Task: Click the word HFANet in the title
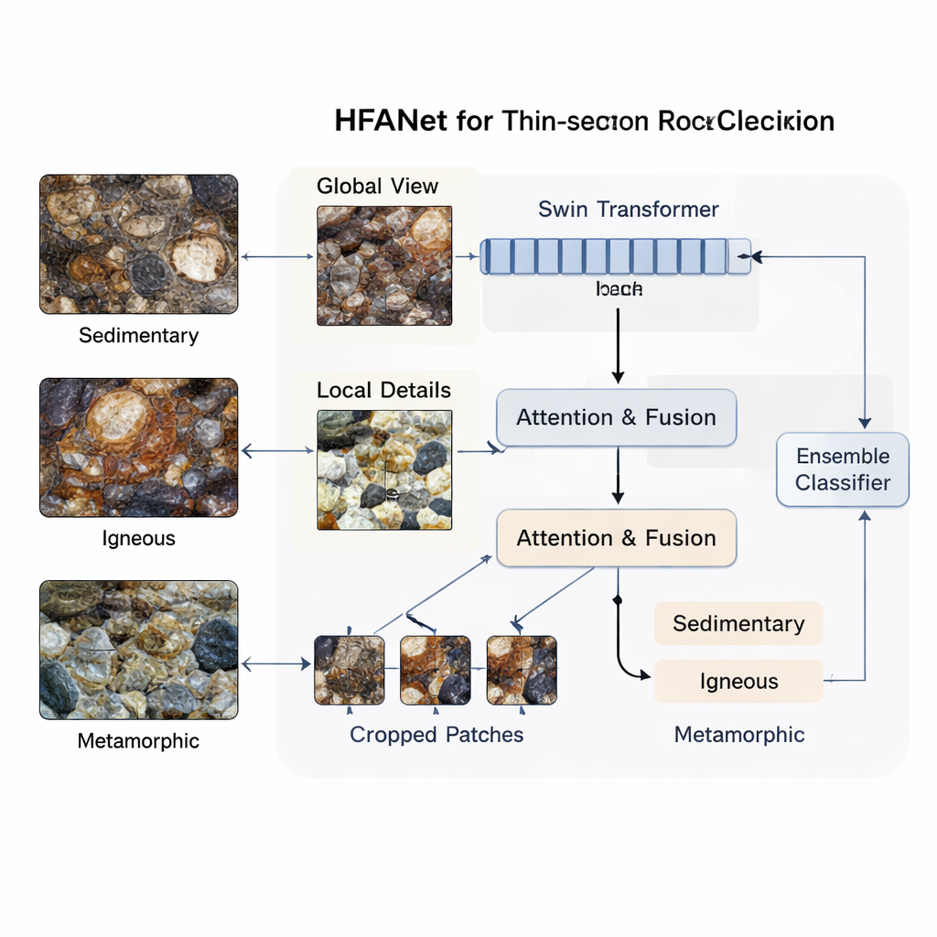pos(391,121)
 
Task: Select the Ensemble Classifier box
pos(842,469)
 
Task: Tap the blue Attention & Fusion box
pos(616,417)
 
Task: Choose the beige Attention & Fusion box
pos(616,538)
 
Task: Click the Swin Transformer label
pos(628,210)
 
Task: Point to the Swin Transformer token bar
pos(615,256)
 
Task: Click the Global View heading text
pos(377,187)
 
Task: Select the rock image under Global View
pos(384,265)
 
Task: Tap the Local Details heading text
pos(383,391)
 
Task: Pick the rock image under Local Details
pos(384,469)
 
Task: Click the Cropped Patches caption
pos(436,735)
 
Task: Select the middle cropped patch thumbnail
pos(435,670)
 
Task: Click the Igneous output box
pos(738,682)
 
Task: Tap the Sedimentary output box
pos(738,624)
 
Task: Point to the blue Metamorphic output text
pos(739,734)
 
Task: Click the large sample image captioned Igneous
pos(138,447)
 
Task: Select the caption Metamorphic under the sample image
pos(138,741)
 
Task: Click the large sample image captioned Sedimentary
pos(138,244)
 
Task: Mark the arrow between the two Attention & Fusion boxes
pos(618,475)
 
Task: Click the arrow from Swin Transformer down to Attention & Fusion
pos(618,346)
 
